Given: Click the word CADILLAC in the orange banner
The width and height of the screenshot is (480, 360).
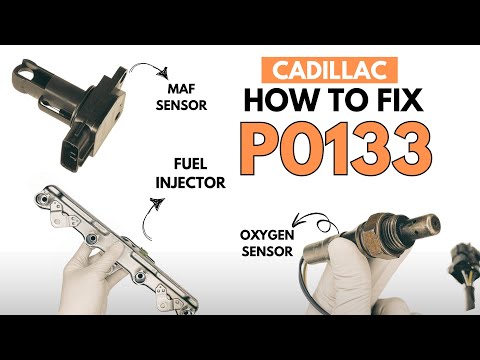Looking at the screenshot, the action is (x=329, y=70).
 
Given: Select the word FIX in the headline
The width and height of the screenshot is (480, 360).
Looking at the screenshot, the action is (x=394, y=100).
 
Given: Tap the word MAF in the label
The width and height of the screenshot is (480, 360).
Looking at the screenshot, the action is (x=181, y=89).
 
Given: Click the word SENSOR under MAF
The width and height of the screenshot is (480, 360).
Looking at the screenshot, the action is (x=181, y=105).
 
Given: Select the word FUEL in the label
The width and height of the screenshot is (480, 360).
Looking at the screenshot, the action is (x=191, y=164).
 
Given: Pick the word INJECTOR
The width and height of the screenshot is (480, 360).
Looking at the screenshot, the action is (x=191, y=183).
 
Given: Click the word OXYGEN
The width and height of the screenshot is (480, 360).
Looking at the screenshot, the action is (x=267, y=235).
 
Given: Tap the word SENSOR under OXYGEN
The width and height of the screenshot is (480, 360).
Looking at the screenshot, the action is (x=267, y=251).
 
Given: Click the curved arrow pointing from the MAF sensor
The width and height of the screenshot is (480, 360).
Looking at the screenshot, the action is (x=149, y=67).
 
